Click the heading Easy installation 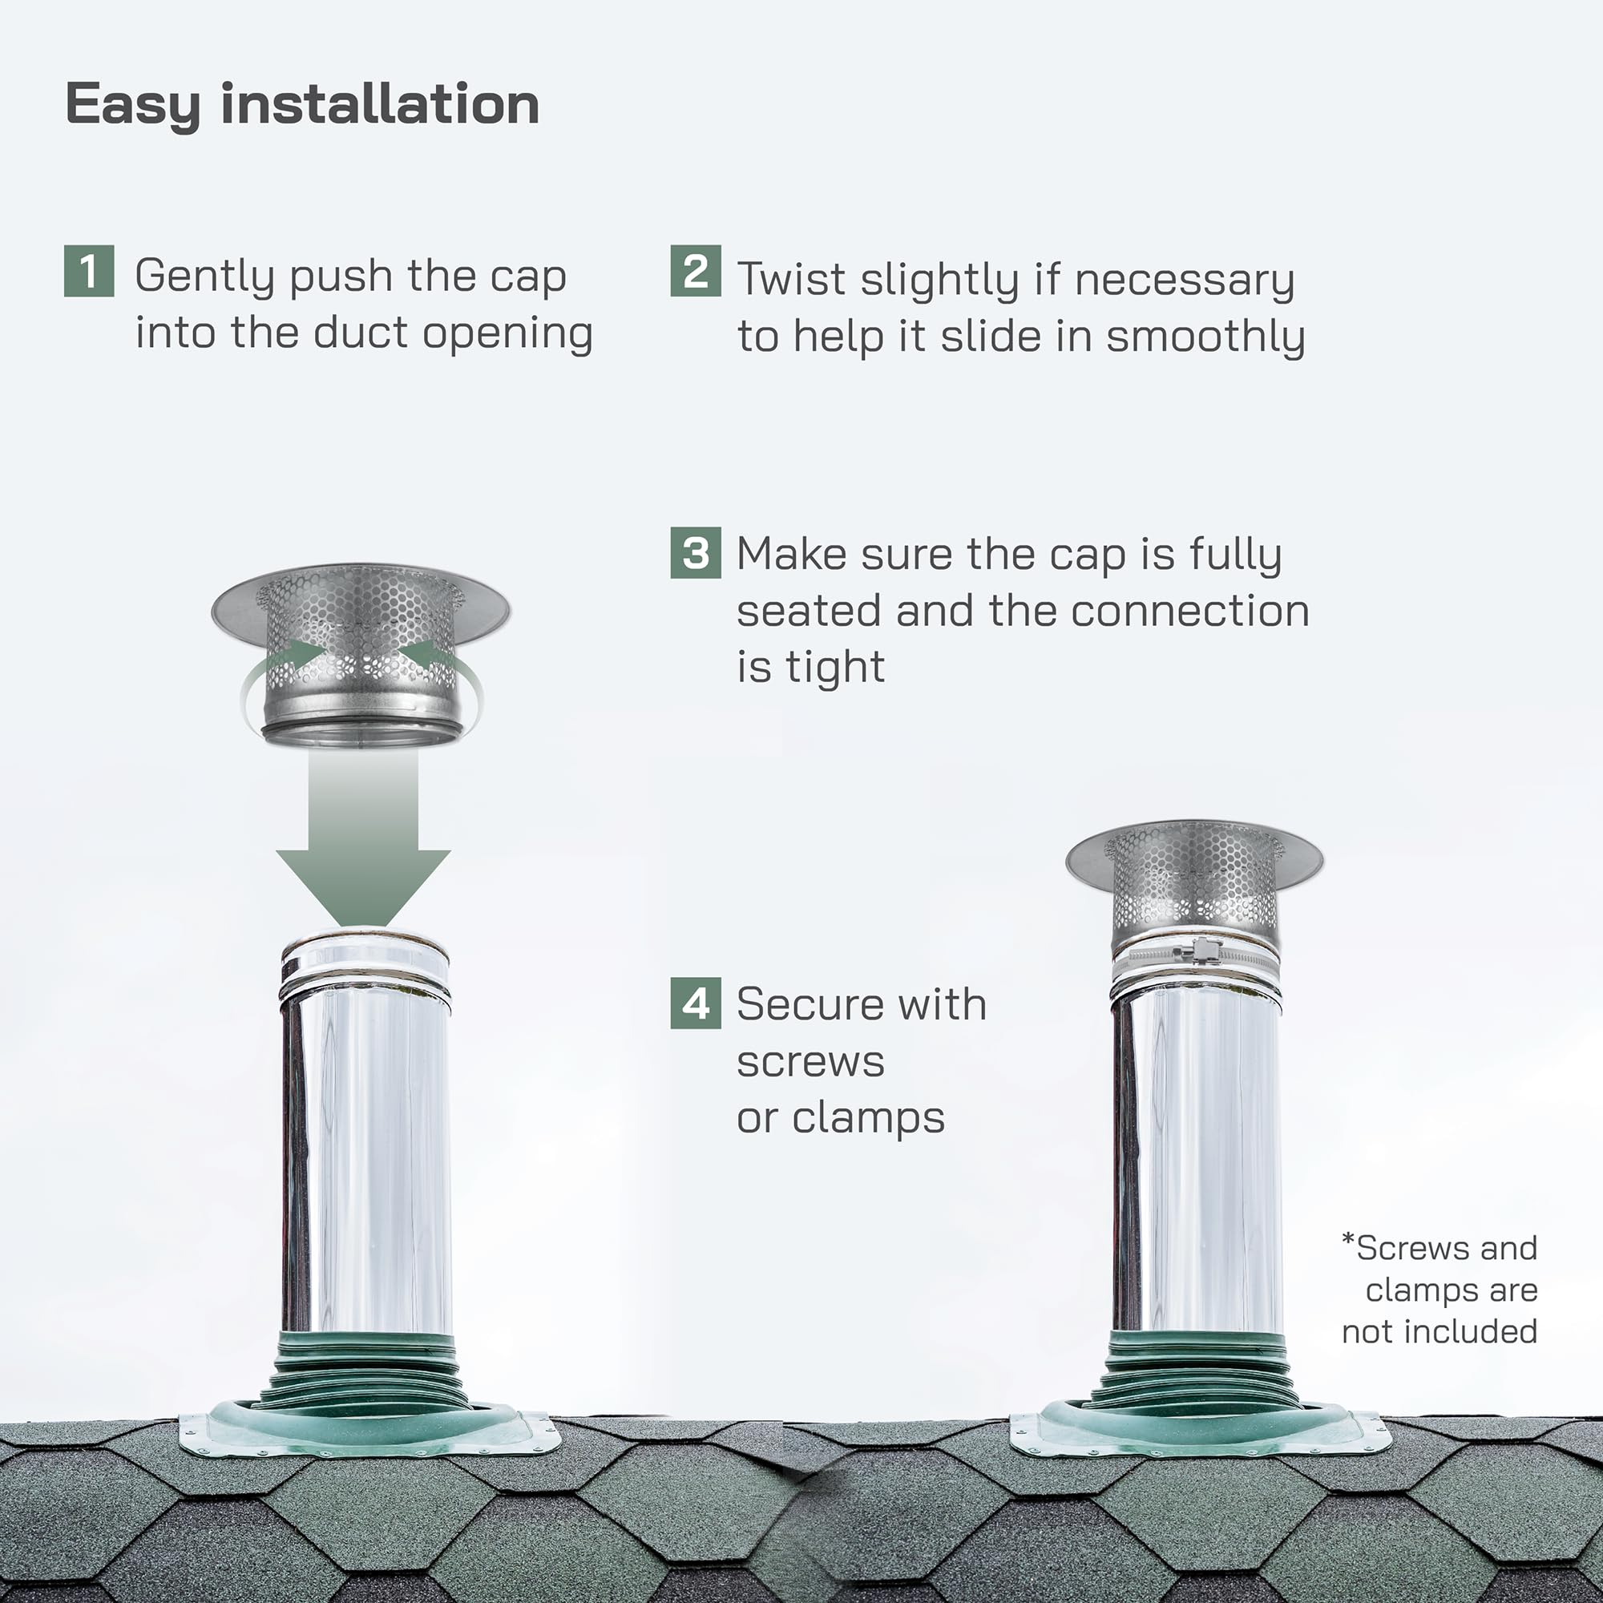(302, 105)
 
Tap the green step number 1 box (89, 270)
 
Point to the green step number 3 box (695, 552)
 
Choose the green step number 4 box (695, 1004)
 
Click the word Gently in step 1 (204, 277)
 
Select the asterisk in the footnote (1348, 1242)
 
